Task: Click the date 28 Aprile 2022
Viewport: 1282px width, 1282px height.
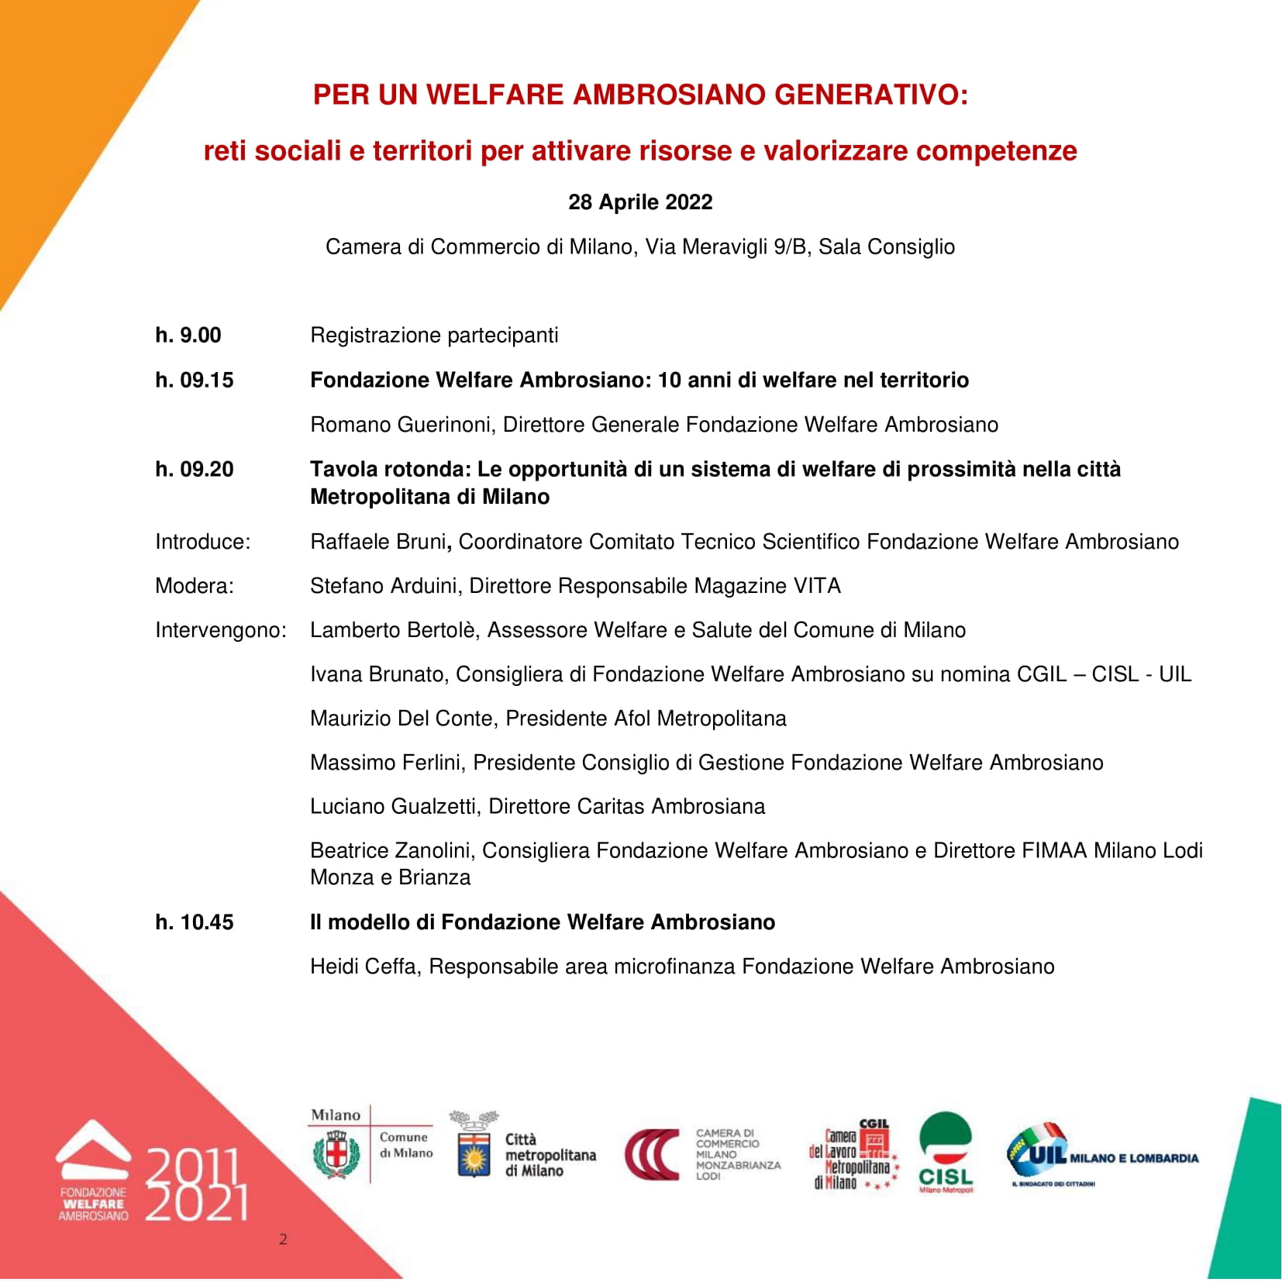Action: pos(640,202)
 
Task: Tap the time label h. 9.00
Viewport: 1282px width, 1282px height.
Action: pos(188,335)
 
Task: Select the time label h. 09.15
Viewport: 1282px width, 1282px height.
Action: pos(195,380)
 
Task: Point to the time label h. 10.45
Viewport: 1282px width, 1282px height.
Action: pos(195,922)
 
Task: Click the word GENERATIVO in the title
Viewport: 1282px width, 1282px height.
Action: pos(871,95)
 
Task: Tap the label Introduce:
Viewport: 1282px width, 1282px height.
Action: pos(203,541)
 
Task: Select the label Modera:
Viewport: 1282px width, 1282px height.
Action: pos(195,585)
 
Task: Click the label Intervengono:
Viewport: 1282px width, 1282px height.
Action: pos(221,629)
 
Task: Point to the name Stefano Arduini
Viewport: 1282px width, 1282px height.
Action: pos(383,585)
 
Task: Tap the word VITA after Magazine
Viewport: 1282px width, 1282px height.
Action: pos(817,585)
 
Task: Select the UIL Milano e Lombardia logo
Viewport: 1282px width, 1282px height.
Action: pos(1101,1155)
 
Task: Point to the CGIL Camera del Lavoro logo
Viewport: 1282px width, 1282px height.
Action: pos(853,1155)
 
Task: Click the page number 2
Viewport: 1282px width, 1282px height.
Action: pos(283,1239)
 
